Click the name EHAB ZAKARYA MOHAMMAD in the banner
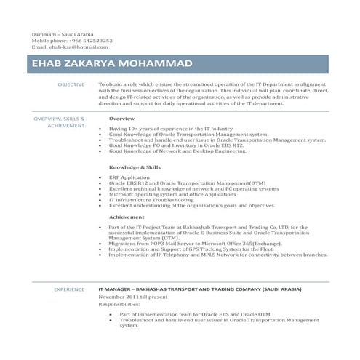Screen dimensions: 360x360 point(113,64)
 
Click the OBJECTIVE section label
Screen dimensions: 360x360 point(71,85)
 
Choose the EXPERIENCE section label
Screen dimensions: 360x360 point(70,289)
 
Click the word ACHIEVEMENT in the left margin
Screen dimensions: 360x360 point(67,125)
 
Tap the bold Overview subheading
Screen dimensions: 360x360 point(121,118)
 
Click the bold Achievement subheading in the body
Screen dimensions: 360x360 point(127,217)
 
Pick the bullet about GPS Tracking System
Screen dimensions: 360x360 point(191,249)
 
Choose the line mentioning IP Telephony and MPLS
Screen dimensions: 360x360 point(217,255)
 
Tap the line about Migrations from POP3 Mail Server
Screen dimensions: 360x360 point(205,244)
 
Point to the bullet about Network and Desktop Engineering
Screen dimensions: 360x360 point(177,151)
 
